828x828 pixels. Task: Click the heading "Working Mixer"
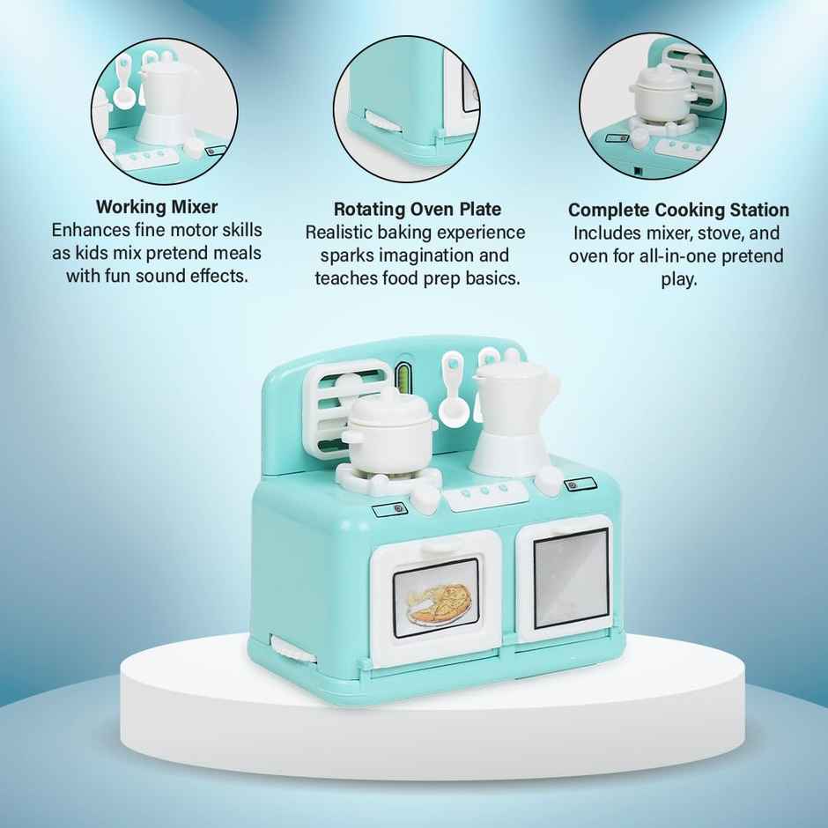click(157, 208)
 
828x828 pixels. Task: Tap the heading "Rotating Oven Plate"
click(418, 210)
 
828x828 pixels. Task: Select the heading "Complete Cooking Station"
click(678, 211)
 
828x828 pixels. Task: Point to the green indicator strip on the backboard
click(405, 378)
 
